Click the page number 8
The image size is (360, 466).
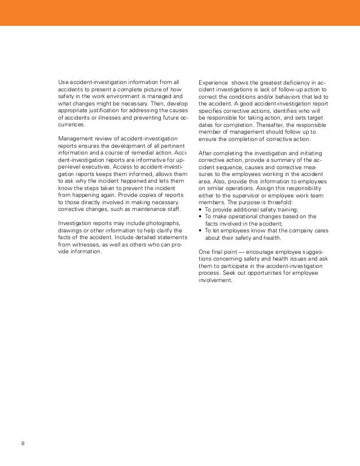point(23,442)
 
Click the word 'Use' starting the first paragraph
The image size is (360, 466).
point(64,82)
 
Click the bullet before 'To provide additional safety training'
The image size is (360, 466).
point(201,209)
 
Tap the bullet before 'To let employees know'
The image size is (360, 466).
point(201,231)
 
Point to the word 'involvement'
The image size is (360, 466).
point(215,280)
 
